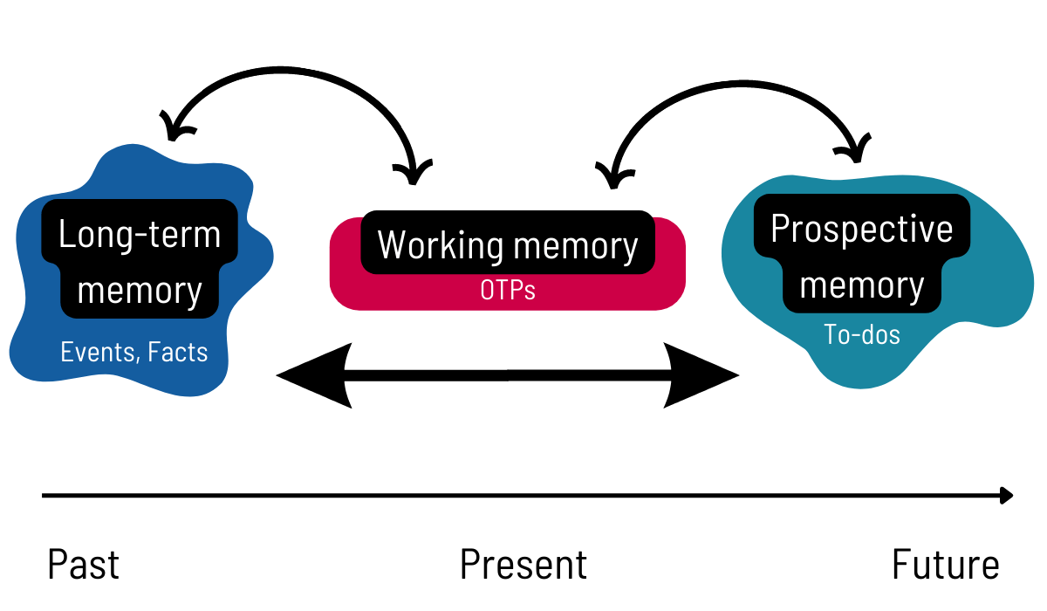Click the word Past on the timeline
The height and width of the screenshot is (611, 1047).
point(83,565)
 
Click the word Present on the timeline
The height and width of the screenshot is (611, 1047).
point(523,565)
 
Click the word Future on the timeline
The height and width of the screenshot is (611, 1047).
point(945,565)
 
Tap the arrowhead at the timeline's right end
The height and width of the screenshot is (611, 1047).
point(1006,496)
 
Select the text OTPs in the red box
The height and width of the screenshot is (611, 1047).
point(508,290)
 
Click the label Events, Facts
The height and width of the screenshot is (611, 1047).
point(134,353)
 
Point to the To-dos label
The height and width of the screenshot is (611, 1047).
point(862,334)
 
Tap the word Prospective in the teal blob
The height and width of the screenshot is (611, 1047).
point(862,229)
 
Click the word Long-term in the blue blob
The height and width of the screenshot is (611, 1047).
point(140,234)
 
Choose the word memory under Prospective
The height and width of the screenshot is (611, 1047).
point(862,285)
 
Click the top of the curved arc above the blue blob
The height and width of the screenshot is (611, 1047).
point(288,67)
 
